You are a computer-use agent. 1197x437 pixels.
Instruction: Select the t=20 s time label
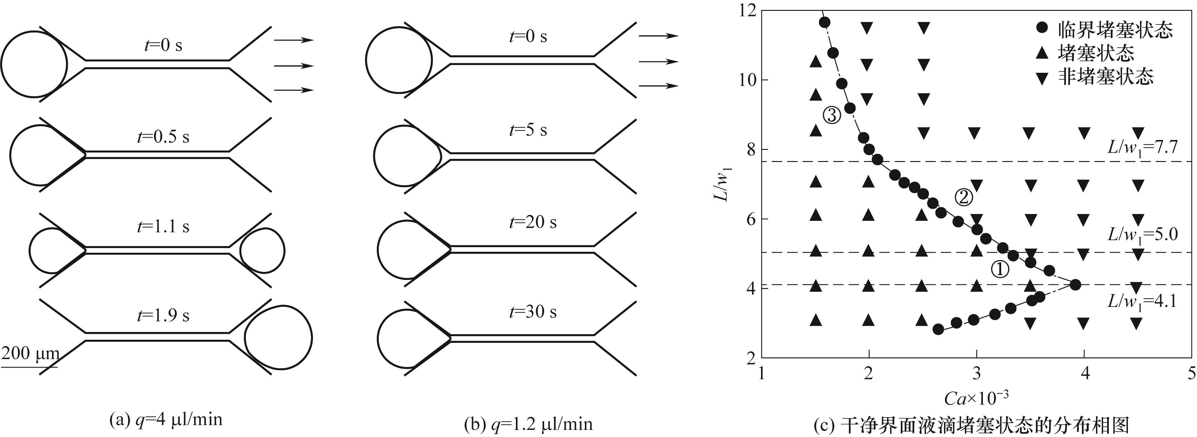533,222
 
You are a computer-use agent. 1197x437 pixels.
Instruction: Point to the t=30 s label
533,312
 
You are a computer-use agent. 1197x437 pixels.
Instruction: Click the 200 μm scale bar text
30,354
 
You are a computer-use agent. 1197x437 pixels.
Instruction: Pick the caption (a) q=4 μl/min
165,420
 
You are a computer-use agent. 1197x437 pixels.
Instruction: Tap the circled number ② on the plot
963,197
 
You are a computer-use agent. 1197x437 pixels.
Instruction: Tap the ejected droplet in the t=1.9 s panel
278,338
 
